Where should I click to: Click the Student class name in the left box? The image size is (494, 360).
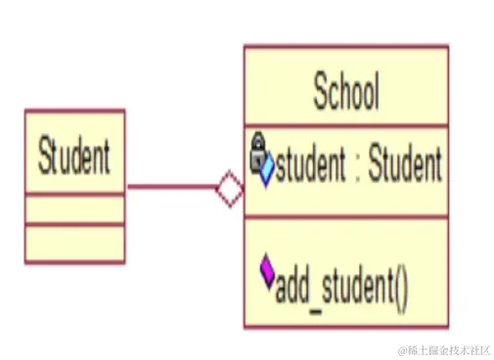point(74,157)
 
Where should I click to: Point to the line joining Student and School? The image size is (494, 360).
point(171,187)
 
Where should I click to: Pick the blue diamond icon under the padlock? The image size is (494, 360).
point(264,171)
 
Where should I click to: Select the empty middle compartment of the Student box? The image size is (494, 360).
point(74,208)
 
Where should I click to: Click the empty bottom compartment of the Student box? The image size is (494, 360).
point(74,243)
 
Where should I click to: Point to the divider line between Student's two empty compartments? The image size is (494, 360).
point(74,224)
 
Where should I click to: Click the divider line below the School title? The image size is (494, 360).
point(346,126)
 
